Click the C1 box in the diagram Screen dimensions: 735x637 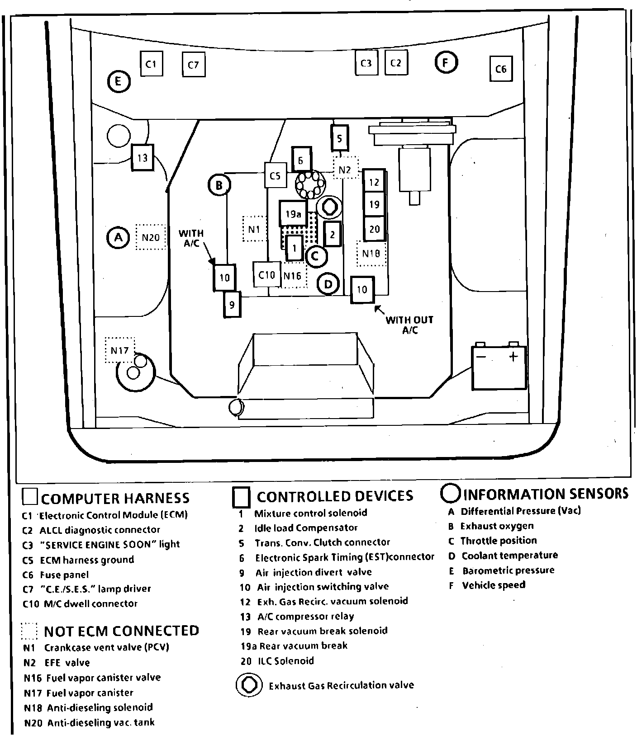coord(151,64)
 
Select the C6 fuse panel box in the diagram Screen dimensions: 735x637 coord(501,69)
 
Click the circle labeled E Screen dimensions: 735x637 coord(119,82)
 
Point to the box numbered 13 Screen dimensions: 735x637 coord(143,158)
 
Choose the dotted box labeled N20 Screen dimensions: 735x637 coord(151,237)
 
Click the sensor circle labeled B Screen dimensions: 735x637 coord(219,185)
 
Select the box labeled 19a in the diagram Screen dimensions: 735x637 coord(293,213)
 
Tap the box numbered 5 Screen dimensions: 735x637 coord(340,138)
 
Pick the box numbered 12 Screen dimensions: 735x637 coord(374,182)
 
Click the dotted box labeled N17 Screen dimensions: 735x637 coord(120,350)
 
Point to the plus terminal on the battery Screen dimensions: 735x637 coord(513,357)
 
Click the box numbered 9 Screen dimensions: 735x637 coord(232,305)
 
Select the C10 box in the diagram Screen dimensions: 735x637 coord(266,275)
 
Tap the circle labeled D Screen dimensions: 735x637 coord(328,284)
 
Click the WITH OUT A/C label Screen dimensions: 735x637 coord(409,325)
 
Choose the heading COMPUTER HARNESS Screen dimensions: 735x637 coord(115,498)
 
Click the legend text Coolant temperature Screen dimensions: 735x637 coord(509,555)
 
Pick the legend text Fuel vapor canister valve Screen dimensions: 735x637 coord(104,677)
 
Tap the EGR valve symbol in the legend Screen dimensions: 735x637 coord(249,685)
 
